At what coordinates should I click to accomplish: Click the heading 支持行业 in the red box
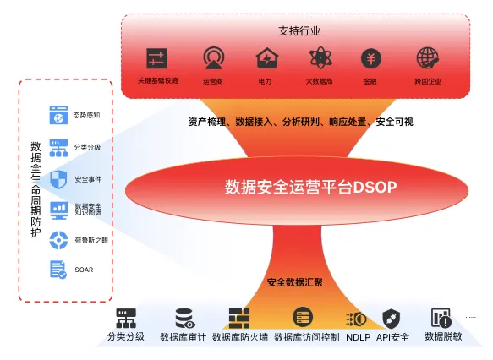click(299, 30)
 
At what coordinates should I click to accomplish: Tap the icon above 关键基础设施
click(157, 58)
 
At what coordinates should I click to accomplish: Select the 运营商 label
click(213, 81)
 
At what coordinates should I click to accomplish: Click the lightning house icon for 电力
click(266, 58)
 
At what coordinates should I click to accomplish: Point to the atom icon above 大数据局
click(318, 58)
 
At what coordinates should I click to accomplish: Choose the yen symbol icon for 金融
click(370, 58)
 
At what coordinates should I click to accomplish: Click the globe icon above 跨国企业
click(428, 58)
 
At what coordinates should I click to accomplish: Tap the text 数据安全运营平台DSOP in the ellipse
click(299, 186)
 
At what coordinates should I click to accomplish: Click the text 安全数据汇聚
click(299, 281)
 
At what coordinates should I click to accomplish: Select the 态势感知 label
click(87, 115)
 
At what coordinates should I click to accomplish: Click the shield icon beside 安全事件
click(59, 178)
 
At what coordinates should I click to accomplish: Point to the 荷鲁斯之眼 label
click(90, 240)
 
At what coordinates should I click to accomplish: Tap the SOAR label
click(84, 270)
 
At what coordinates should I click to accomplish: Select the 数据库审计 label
click(183, 336)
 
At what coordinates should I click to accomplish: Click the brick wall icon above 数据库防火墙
click(239, 318)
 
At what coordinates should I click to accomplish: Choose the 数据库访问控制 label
click(306, 336)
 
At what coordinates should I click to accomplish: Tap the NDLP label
click(359, 336)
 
